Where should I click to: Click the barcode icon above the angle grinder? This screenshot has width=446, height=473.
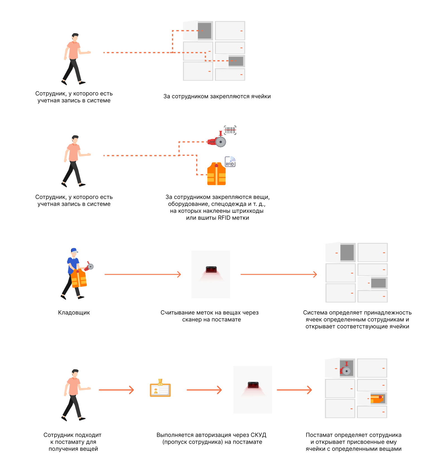(x=230, y=130)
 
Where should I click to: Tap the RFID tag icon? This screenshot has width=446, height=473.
(x=230, y=162)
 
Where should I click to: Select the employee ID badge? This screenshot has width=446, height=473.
(x=160, y=388)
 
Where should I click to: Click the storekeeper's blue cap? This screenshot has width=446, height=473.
(x=74, y=250)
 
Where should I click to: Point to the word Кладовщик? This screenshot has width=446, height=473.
(x=74, y=313)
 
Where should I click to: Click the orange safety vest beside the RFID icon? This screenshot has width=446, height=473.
(x=216, y=174)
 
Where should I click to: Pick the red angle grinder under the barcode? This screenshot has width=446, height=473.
(x=217, y=141)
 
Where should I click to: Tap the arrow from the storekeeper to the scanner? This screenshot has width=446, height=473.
(x=143, y=274)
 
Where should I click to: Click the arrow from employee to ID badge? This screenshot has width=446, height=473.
(x=116, y=390)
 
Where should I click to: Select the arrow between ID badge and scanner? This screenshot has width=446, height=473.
(x=204, y=390)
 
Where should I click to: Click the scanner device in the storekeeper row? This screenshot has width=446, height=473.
(x=211, y=269)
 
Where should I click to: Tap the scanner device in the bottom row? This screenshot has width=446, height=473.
(x=253, y=385)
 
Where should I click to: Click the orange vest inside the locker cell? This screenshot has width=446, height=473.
(x=377, y=399)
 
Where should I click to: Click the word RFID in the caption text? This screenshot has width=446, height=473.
(x=224, y=218)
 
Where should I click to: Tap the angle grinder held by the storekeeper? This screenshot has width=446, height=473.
(x=89, y=266)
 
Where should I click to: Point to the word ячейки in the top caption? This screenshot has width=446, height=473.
(x=261, y=96)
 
